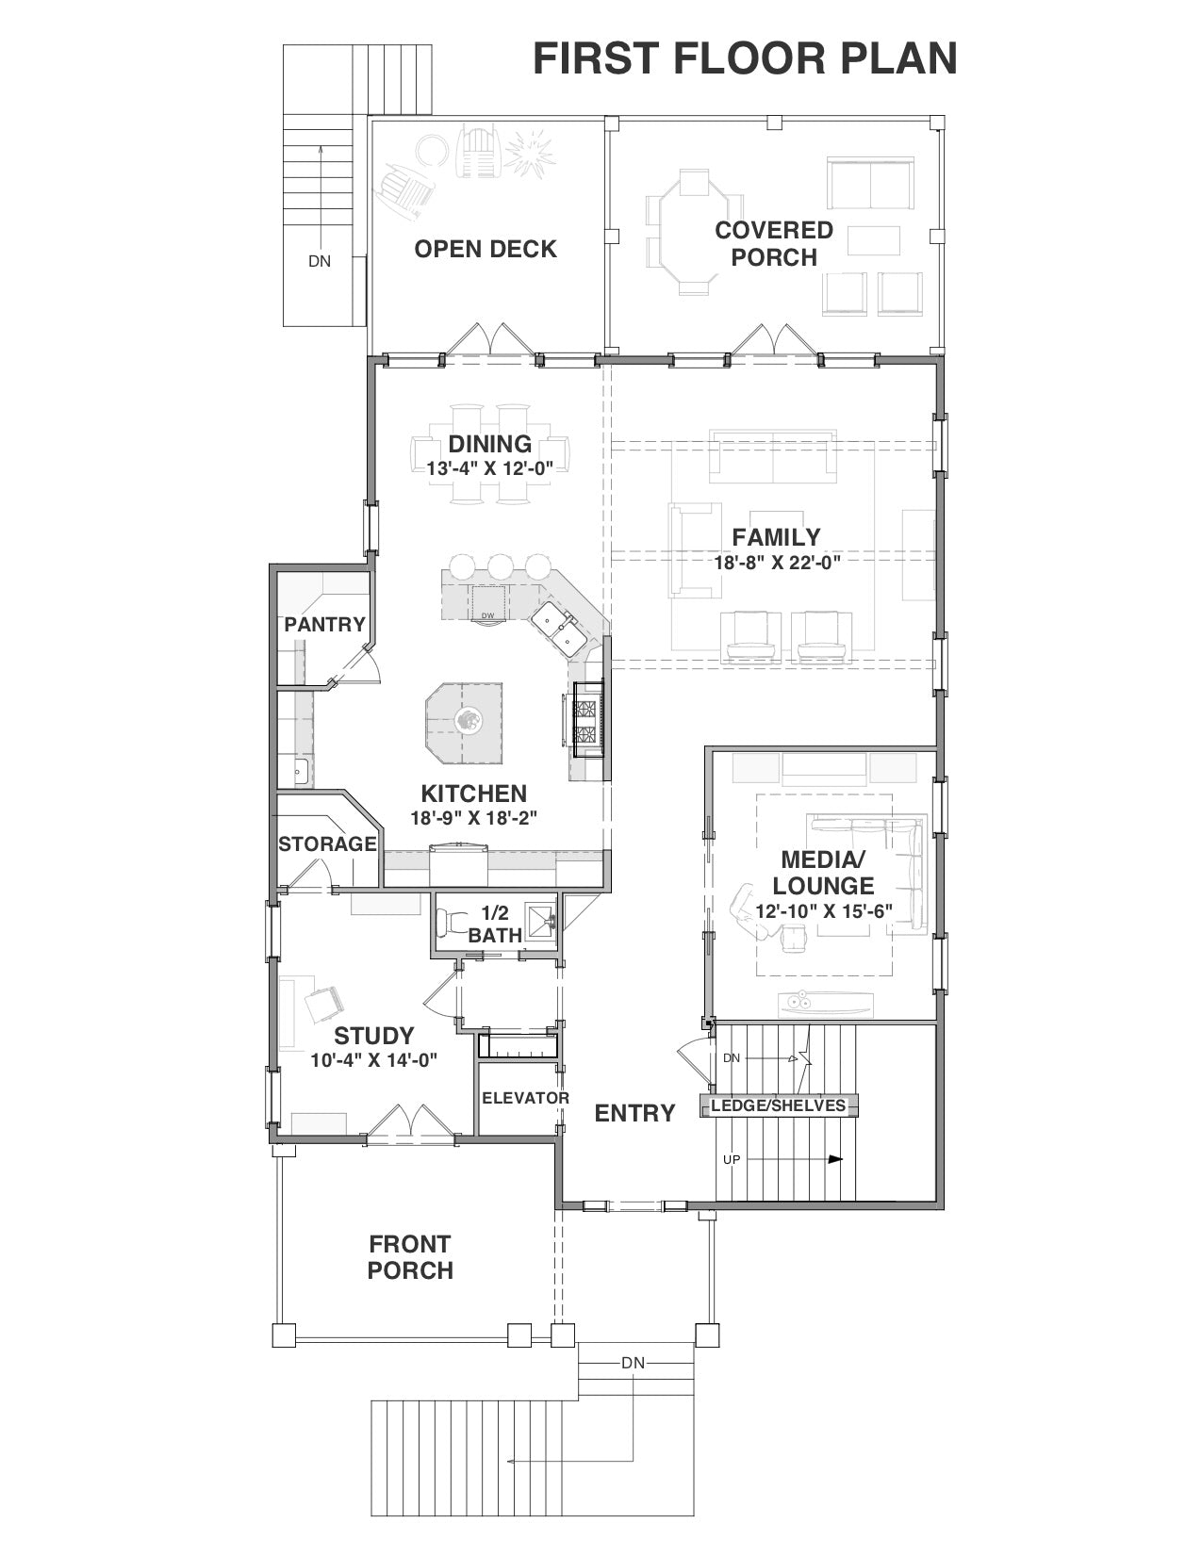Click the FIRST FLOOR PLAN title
click(x=745, y=58)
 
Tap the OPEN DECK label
click(x=486, y=249)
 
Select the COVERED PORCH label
click(x=774, y=243)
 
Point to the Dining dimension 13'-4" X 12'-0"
click(x=489, y=468)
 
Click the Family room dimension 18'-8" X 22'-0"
click(x=777, y=562)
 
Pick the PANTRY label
click(x=324, y=625)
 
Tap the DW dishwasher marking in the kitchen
click(x=487, y=615)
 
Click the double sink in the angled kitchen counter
click(x=555, y=628)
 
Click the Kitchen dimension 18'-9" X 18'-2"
click(x=474, y=818)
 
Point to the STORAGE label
click(x=327, y=844)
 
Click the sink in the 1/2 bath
click(x=540, y=921)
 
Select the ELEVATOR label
click(x=525, y=1098)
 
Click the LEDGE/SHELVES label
click(x=778, y=1105)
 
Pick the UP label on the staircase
click(x=731, y=1159)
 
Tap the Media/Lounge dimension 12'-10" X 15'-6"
click(x=824, y=911)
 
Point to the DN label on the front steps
click(x=633, y=1364)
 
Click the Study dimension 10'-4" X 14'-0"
click(x=373, y=1060)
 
